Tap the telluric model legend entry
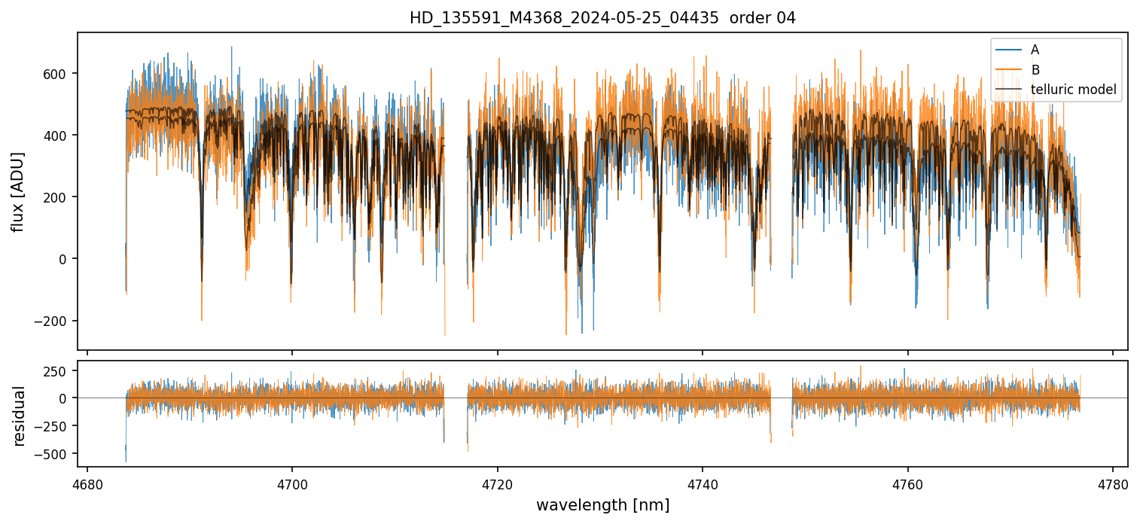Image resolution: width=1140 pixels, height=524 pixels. coord(1073,90)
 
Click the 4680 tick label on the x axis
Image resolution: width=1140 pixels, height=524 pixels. coord(87,484)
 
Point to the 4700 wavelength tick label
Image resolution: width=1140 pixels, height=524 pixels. coord(292,484)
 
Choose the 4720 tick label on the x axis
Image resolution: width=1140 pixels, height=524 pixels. coord(498,484)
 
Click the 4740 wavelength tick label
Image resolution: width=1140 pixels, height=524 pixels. coord(703,484)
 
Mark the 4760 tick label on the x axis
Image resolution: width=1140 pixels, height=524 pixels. coord(908,484)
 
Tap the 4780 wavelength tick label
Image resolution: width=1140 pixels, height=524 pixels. coord(1113,484)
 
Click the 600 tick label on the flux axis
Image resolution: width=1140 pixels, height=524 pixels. coord(59,74)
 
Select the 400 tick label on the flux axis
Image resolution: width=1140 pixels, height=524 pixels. coord(59,136)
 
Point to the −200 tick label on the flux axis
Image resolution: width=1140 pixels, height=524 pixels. coord(53,321)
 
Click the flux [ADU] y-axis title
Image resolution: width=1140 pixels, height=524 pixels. coord(18,191)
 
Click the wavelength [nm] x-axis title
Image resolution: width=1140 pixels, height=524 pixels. coord(602,504)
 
